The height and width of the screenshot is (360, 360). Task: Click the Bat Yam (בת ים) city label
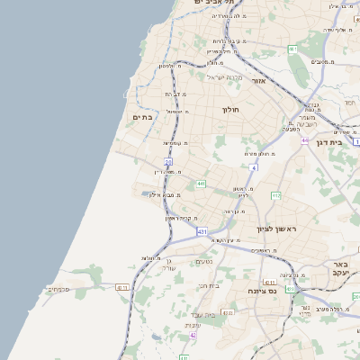point(144,116)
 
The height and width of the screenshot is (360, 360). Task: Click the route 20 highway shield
point(168,162)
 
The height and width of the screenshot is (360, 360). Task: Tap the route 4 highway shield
point(255,167)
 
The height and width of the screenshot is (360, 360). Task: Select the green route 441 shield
point(201,184)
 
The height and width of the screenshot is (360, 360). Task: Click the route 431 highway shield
point(202,231)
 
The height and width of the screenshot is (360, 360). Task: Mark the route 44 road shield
point(305,140)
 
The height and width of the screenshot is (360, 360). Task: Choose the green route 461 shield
point(292,49)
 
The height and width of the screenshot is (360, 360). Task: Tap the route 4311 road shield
point(122,288)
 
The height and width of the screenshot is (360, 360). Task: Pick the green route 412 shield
point(276,195)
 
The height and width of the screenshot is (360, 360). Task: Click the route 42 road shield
point(193,335)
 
